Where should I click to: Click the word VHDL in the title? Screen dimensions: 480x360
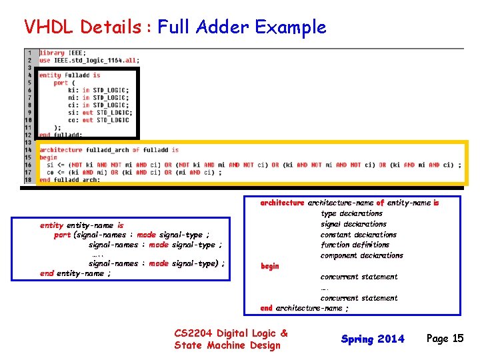47,27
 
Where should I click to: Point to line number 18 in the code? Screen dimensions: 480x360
29,179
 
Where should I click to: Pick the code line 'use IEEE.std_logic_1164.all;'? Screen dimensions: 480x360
89,60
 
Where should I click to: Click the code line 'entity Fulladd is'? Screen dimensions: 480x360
69,75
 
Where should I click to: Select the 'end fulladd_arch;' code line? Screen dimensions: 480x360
69,179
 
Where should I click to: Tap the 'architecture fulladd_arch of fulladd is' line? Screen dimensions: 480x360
109,150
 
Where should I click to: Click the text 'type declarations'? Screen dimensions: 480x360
351,213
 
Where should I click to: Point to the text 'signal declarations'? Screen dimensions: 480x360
353,224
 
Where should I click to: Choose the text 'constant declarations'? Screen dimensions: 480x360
358,235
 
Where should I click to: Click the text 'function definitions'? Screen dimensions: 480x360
355,245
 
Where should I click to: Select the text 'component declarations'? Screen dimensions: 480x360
361,255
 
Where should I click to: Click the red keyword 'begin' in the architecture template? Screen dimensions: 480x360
270,266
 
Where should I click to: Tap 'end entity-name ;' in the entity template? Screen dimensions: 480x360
75,273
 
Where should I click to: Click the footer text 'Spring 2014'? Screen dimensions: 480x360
373,339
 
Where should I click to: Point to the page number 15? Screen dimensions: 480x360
457,338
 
